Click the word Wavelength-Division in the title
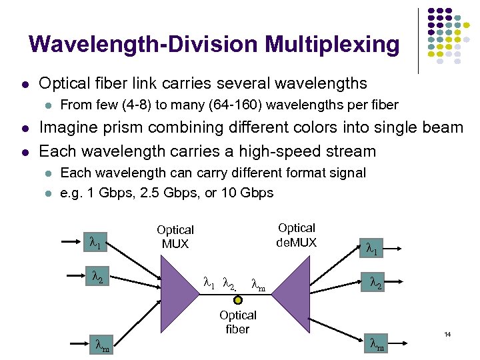144,45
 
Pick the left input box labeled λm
101,346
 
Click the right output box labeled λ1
371,249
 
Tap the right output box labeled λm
377,345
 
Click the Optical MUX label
175,237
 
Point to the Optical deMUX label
297,235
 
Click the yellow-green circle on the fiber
238,300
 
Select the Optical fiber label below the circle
238,321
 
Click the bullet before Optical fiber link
24,84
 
